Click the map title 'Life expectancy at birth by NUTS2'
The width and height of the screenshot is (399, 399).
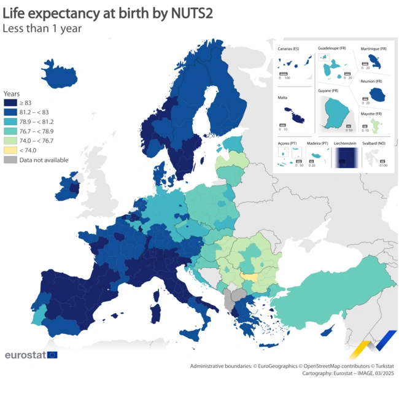[108, 13]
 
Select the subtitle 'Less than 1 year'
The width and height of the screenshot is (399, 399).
[42, 28]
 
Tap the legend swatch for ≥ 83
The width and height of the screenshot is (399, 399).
[10, 103]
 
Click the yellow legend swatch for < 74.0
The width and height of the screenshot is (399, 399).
[10, 150]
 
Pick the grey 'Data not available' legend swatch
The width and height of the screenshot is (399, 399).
[10, 160]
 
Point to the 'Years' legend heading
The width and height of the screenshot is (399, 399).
[12, 93]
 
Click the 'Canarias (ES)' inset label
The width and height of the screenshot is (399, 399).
[289, 48]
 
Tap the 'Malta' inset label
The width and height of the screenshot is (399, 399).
[283, 97]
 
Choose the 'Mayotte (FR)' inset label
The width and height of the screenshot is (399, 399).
[371, 114]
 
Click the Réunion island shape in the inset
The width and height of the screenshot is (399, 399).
[376, 94]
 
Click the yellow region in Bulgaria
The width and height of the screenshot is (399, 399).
[249, 277]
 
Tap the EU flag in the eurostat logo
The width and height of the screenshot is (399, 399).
[52, 355]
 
